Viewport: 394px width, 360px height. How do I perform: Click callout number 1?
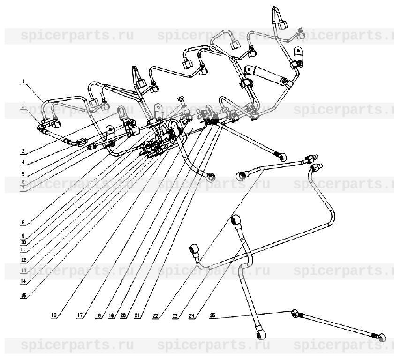(23, 82)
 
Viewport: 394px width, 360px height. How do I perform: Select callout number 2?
(23, 107)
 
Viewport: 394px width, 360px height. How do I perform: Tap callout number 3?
(23, 151)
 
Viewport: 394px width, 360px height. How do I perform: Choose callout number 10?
(23, 243)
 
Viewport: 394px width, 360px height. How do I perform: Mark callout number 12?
(23, 260)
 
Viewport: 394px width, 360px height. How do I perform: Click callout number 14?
(23, 282)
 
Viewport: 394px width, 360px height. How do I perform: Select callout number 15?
(23, 296)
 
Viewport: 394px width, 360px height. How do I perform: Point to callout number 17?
(80, 316)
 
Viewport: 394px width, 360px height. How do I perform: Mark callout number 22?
(156, 316)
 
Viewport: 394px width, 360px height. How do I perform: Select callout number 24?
(193, 316)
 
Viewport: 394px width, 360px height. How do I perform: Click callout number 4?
(23, 163)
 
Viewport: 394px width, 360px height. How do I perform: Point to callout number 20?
(122, 316)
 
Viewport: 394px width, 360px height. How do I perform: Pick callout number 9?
(23, 236)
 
